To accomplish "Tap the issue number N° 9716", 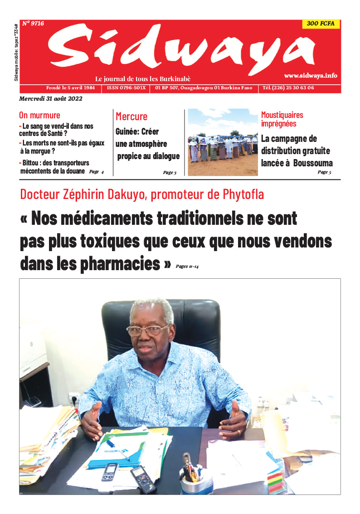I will [x=33, y=24].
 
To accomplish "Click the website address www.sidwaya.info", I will [x=311, y=76].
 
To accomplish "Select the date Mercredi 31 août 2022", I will [x=51, y=99].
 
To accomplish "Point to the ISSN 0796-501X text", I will [x=126, y=88].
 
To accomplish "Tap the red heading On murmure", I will [x=39, y=115].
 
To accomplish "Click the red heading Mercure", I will [x=131, y=116].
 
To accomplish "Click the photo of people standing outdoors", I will [x=223, y=142].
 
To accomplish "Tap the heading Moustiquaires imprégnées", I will [x=282, y=119].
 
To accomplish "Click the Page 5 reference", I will [x=324, y=172].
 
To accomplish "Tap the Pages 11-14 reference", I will [x=187, y=267].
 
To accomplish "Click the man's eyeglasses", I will [x=147, y=330].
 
